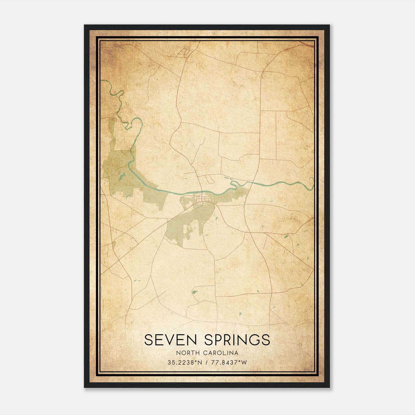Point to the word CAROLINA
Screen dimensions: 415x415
coord(221,353)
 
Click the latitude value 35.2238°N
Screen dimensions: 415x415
coord(184,363)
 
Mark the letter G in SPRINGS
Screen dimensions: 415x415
coord(255,340)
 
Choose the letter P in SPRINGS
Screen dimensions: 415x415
coord(220,340)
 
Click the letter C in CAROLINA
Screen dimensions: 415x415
coord(206,353)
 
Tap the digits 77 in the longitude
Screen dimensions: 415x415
coord(215,363)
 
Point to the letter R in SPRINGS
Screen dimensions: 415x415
coord(230,340)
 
